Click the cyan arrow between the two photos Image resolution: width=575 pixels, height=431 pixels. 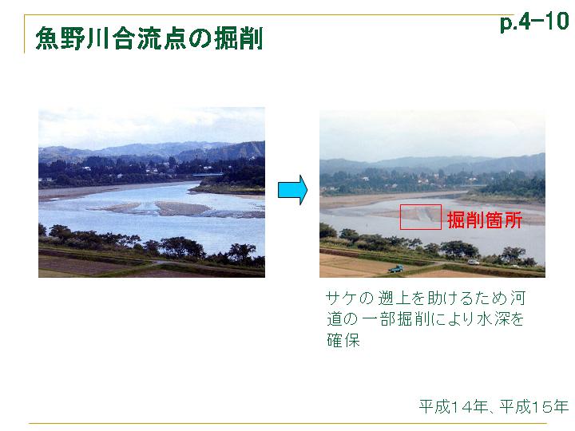pyautogui.click(x=292, y=190)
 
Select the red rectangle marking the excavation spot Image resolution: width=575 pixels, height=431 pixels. pyautogui.click(x=400, y=217)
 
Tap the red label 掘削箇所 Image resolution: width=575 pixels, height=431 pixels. pyautogui.click(x=485, y=220)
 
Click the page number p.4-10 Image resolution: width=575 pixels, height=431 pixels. pyautogui.click(x=534, y=22)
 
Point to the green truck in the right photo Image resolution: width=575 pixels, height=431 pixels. pyautogui.click(x=395, y=269)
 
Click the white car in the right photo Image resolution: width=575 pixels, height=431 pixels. pyautogui.click(x=473, y=262)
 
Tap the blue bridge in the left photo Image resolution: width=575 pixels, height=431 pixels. pyautogui.click(x=208, y=175)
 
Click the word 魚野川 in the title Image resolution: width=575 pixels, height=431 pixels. pyautogui.click(x=73, y=38)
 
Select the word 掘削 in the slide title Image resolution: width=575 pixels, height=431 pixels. pyautogui.click(x=239, y=38)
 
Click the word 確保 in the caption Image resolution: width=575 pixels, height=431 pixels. pyautogui.click(x=343, y=340)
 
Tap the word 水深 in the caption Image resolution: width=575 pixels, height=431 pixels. pyautogui.click(x=494, y=318)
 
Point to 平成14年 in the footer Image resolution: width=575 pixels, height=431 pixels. pyautogui.click(x=454, y=406)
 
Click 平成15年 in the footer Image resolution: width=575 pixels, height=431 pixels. pyautogui.click(x=534, y=406)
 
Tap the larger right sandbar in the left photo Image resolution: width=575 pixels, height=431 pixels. pyautogui.click(x=182, y=208)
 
